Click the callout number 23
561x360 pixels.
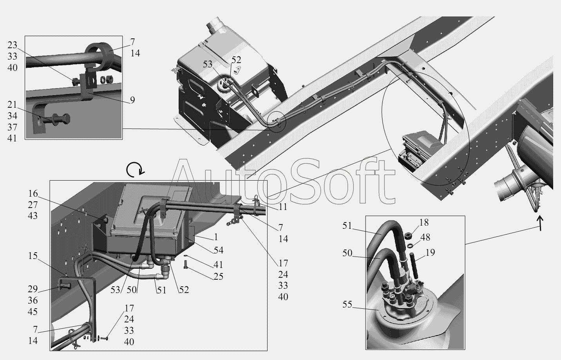coord(12,45)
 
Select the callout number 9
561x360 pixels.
coord(132,100)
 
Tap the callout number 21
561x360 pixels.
coord(12,104)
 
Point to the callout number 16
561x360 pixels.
coord(33,194)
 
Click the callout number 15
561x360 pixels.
coord(33,256)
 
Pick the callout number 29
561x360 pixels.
coord(33,289)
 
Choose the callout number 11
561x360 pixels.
coord(283,207)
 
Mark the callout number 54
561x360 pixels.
coord(218,250)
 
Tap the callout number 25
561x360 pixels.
coord(218,277)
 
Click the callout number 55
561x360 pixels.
coord(347,304)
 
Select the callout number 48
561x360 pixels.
coord(425,237)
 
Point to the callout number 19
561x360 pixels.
coord(430,253)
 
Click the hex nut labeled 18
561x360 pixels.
coord(409,236)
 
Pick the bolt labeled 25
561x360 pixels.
coord(185,265)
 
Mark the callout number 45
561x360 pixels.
coord(33,312)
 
